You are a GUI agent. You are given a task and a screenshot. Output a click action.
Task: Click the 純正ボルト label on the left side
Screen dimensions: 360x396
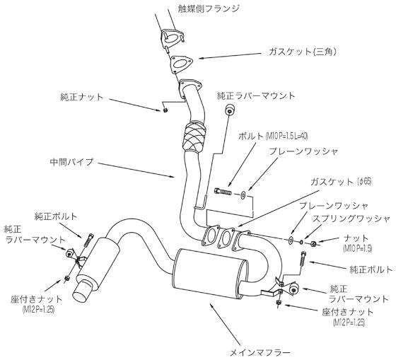tap(52, 216)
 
